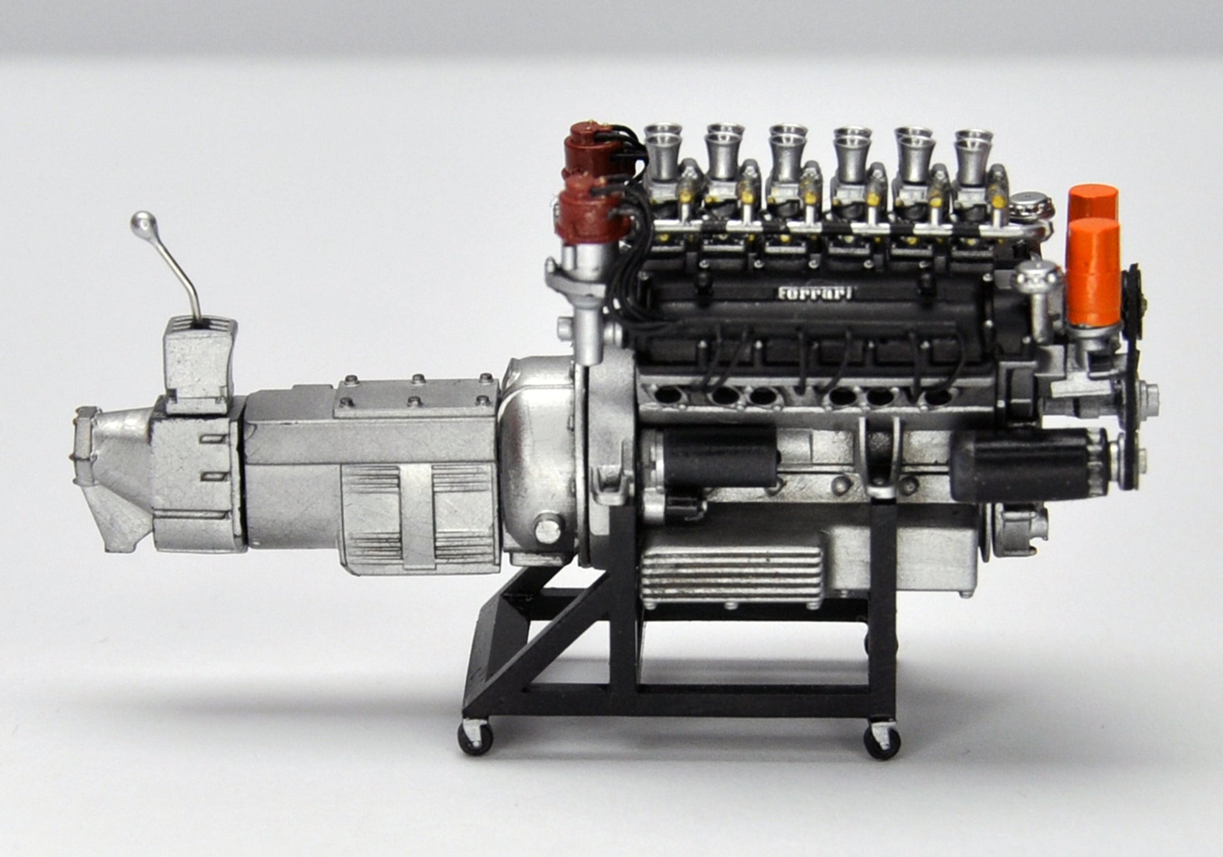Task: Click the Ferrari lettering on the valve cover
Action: [816, 293]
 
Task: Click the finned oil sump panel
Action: [732, 577]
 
